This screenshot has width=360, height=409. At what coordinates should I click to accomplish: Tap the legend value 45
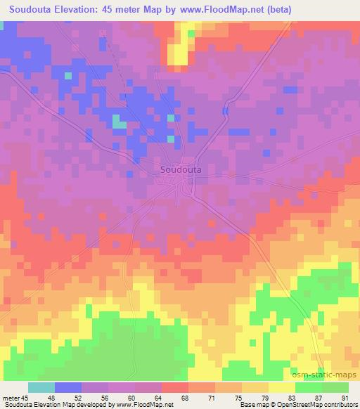25,397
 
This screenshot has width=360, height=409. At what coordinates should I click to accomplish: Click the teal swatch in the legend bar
41,387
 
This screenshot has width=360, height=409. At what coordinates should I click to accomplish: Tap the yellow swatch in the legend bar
281,387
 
